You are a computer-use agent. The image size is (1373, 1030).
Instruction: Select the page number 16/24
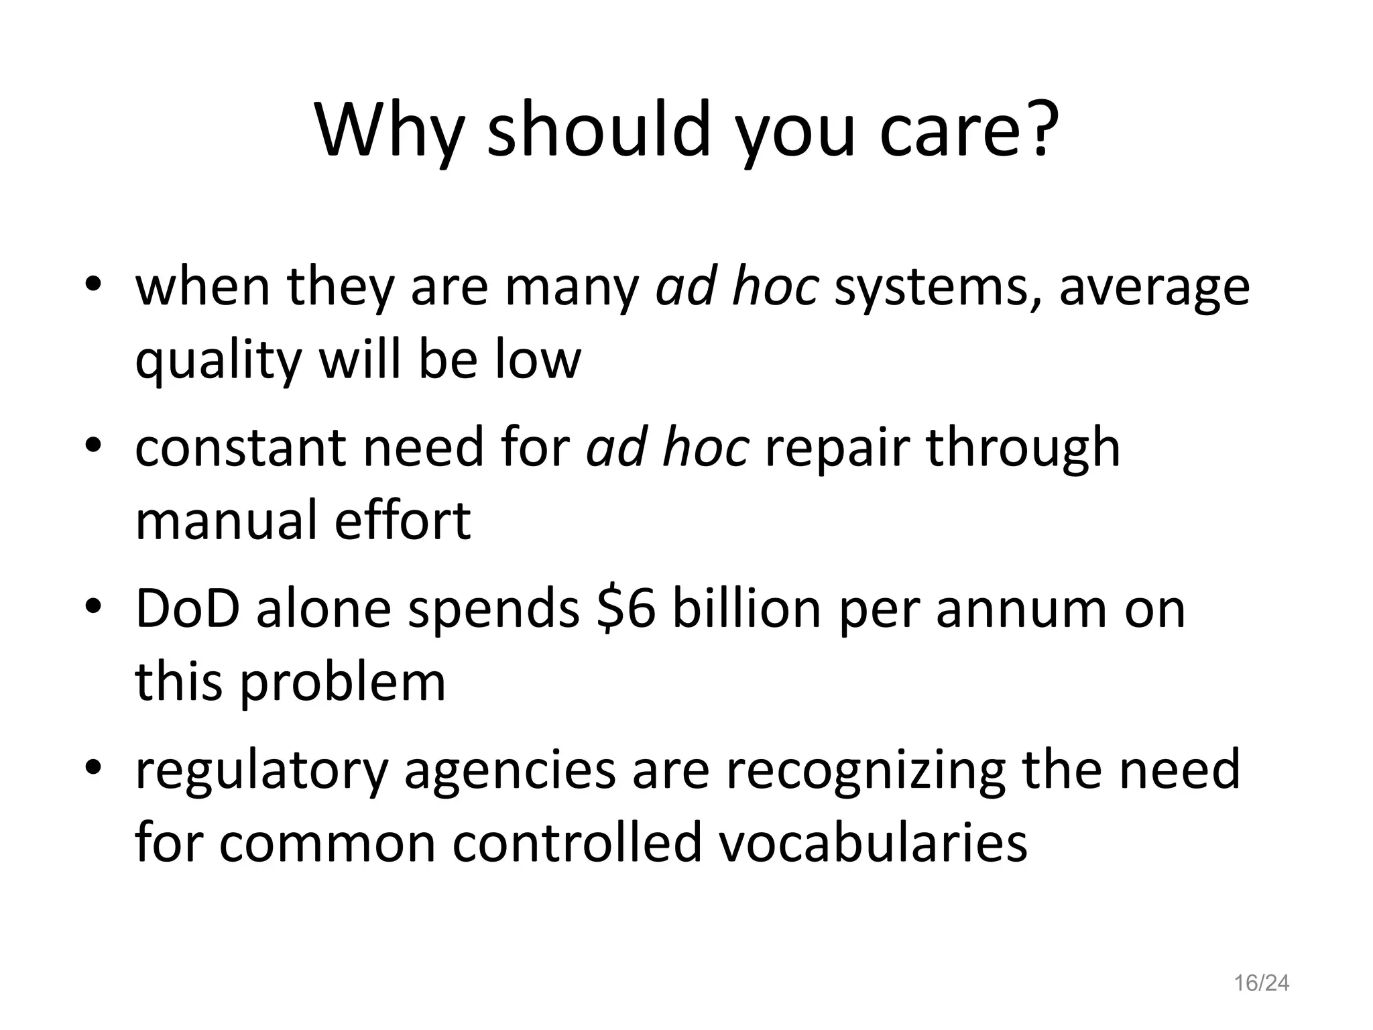(1262, 983)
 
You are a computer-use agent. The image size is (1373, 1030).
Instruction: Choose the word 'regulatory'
(261, 771)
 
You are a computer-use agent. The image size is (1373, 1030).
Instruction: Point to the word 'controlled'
(579, 843)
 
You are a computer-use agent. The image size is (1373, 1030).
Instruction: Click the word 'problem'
(343, 683)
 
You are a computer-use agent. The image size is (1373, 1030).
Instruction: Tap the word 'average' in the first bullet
(1154, 287)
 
